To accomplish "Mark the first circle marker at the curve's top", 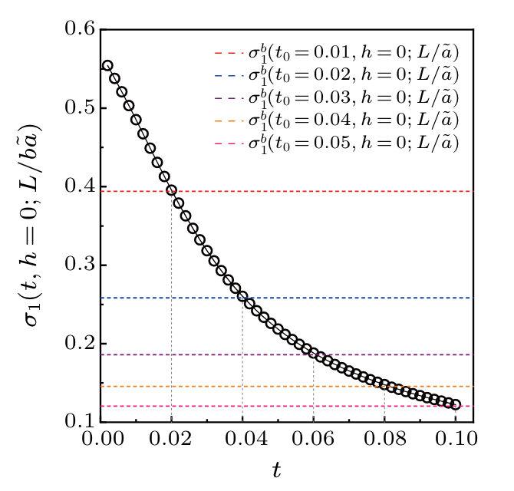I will coord(107,66).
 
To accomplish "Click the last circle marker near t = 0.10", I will coord(456,404).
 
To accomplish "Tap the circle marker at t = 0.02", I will coord(171,190).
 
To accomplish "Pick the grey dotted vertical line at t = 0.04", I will coord(242,368).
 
